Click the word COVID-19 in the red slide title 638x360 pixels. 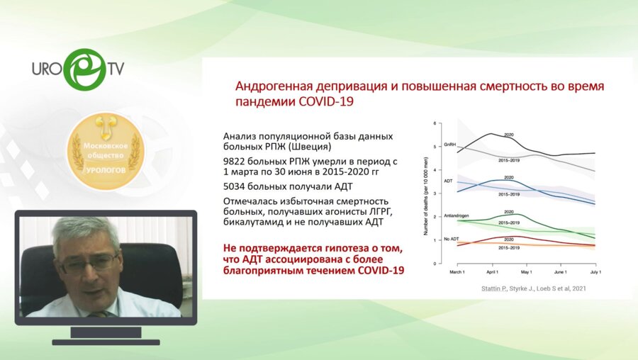(x=325, y=101)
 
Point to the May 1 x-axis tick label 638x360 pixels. (x=525, y=271)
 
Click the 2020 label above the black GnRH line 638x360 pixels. (x=508, y=135)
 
